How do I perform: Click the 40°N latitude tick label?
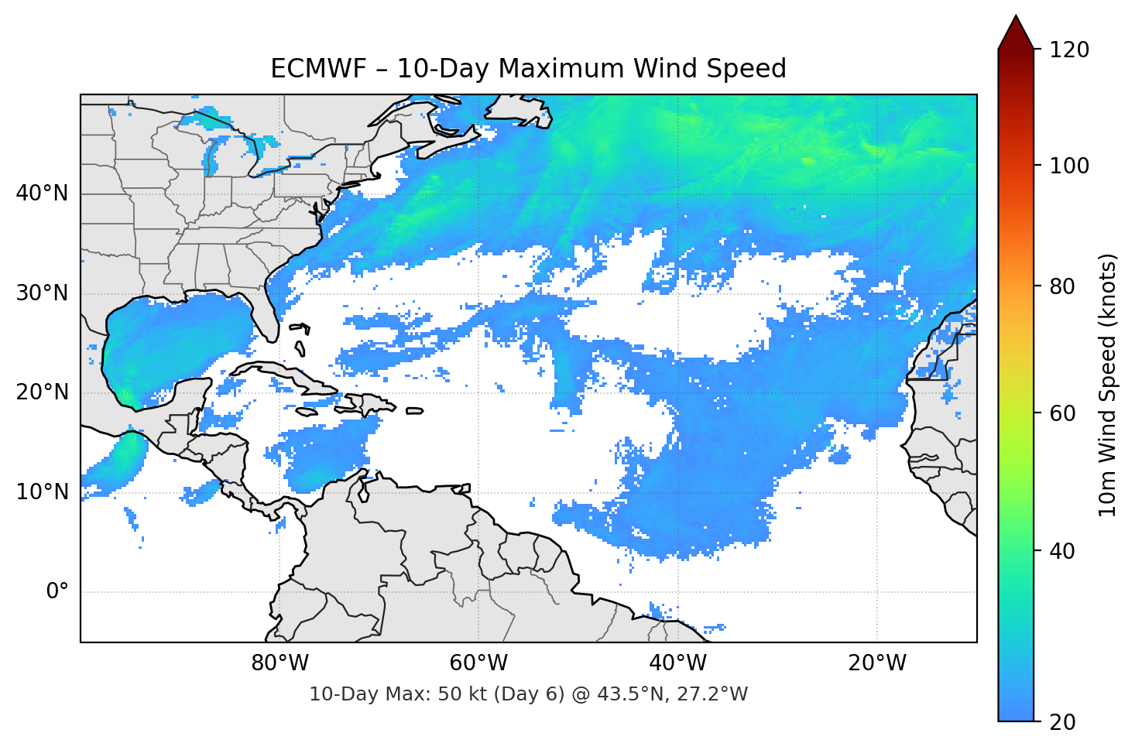pos(42,193)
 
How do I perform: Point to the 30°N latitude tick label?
pos(42,293)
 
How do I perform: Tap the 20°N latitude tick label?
pos(42,392)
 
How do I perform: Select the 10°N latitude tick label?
pos(42,492)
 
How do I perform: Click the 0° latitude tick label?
pos(57,592)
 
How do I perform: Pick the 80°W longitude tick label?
pos(279,663)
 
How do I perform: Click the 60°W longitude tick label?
pos(478,663)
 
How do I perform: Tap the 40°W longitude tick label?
pos(677,663)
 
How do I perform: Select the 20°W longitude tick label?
pos(876,663)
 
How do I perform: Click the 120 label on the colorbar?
pos(1068,50)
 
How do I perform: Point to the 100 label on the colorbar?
pos(1068,166)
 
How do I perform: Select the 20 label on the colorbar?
pos(1062,722)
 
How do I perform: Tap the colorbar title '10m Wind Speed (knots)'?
pos(1108,385)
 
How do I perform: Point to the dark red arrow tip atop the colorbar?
pos(1016,29)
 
